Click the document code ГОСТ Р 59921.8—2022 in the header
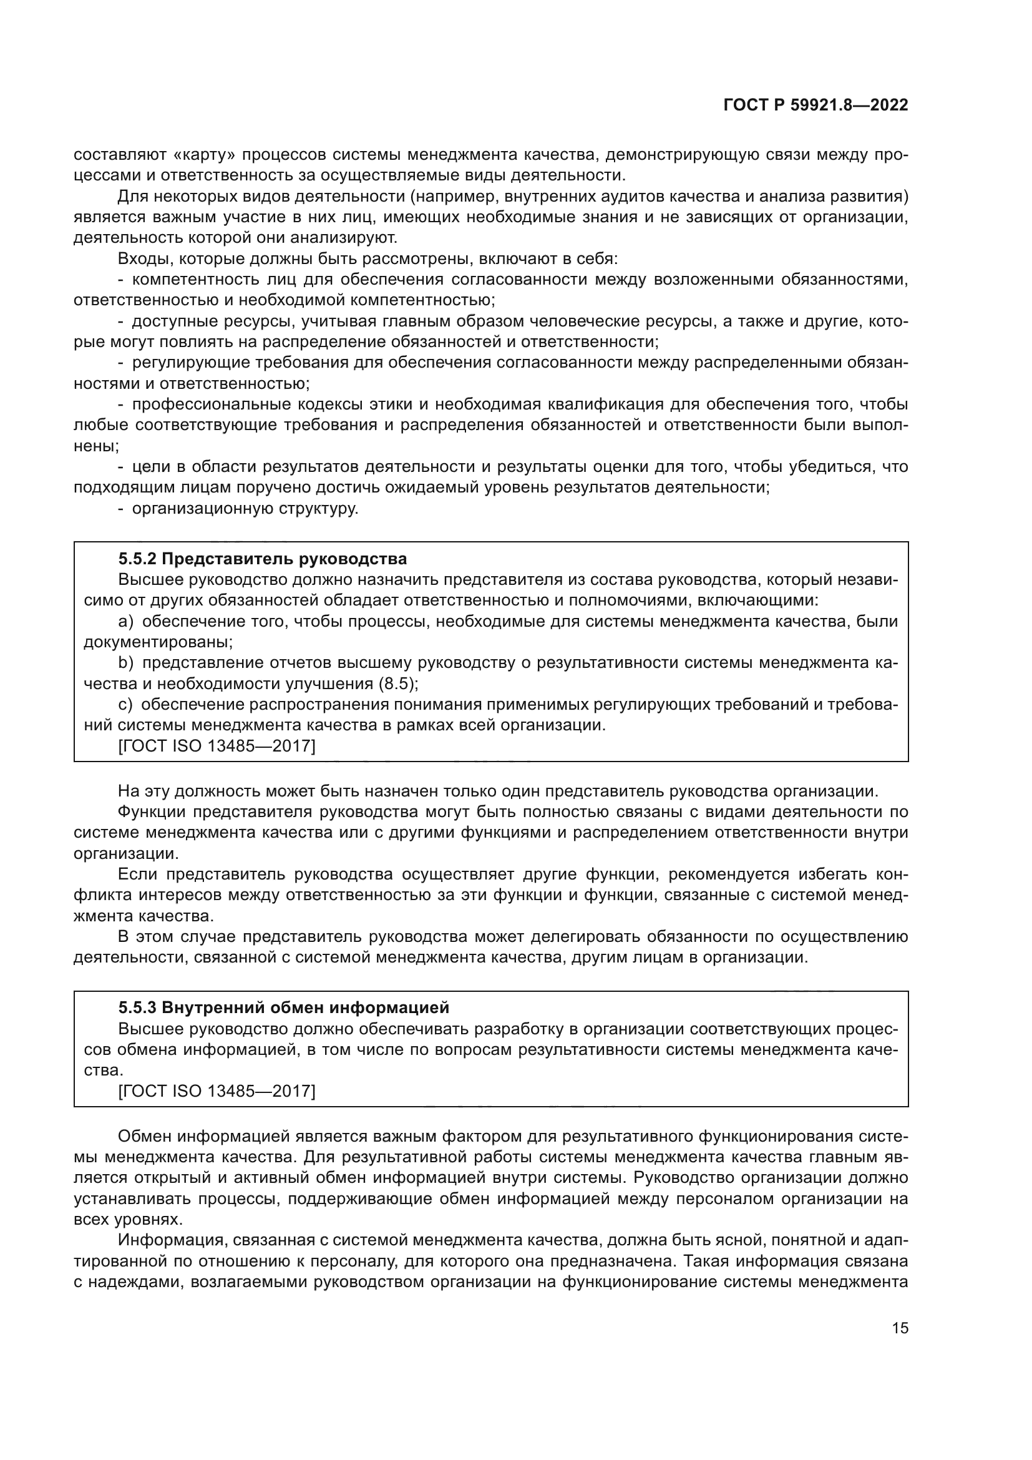tap(815, 105)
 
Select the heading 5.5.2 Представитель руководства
tap(263, 559)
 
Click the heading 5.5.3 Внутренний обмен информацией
tap(283, 1007)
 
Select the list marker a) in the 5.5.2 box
tap(125, 621)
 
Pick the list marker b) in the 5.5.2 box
tap(125, 664)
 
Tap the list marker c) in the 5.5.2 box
tap(125, 705)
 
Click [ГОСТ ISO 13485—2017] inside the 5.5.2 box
tap(217, 746)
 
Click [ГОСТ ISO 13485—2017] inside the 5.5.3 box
tap(217, 1091)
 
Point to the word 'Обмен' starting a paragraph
tap(144, 1136)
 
